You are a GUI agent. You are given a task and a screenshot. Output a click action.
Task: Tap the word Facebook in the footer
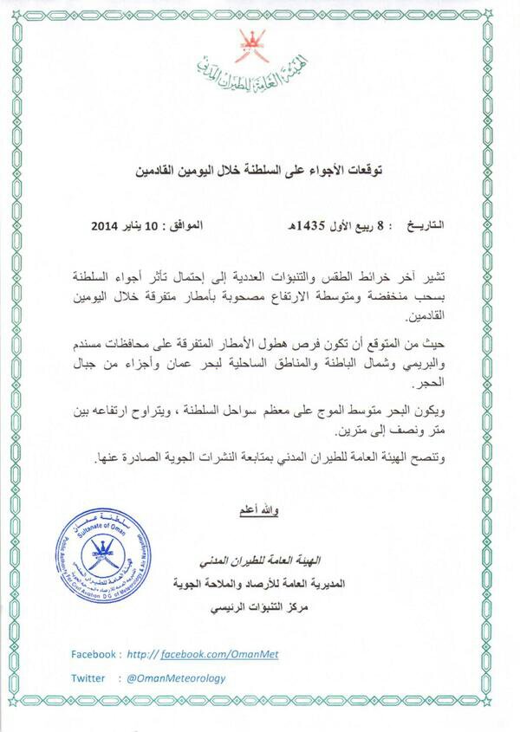tap(93, 654)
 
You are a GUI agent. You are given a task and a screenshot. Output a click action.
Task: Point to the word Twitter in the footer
tap(88, 678)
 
